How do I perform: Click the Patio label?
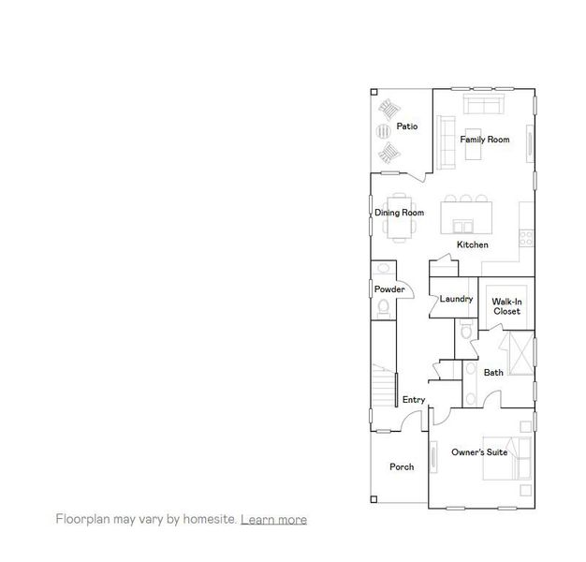tap(406, 126)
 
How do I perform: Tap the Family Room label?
tap(484, 140)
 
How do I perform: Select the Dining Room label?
tap(400, 213)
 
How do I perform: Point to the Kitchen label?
tap(472, 244)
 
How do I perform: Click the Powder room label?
tap(389, 289)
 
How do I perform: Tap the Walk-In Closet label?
tap(506, 306)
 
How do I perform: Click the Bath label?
tap(493, 373)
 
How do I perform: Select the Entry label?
tap(414, 400)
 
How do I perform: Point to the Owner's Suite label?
tap(479, 452)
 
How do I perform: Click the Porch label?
tap(402, 466)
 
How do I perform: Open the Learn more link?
tap(273, 519)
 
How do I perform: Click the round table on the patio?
tap(385, 131)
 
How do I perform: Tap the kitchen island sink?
tap(461, 226)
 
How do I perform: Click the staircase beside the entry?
tap(382, 384)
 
